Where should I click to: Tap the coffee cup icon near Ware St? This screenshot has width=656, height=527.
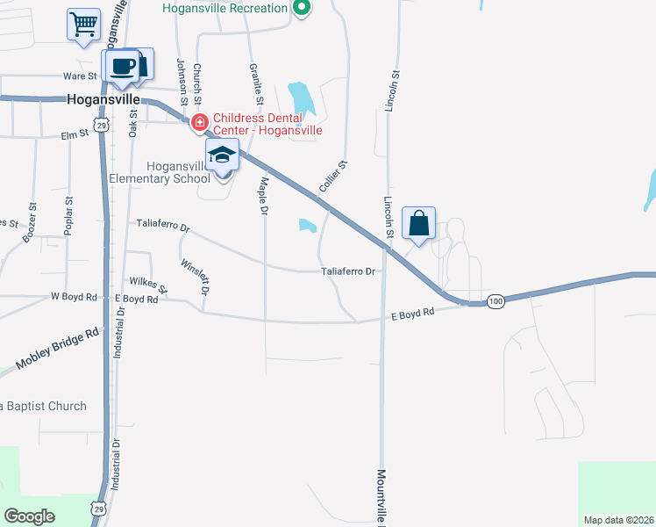click(x=124, y=67)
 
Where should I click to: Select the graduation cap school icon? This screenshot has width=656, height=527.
click(x=223, y=155)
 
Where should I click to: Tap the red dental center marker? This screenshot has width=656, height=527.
click(x=200, y=122)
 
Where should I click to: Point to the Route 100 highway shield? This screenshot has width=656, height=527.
click(x=496, y=301)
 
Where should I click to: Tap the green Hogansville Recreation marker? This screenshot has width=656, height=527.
click(x=302, y=10)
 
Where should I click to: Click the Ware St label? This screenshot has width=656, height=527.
click(x=79, y=76)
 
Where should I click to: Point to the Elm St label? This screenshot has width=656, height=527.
click(x=75, y=134)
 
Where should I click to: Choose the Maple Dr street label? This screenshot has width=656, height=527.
click(x=263, y=195)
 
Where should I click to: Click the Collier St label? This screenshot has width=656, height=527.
click(x=334, y=177)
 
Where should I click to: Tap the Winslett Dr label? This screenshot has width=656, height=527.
click(x=195, y=276)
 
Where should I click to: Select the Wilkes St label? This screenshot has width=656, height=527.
click(x=147, y=285)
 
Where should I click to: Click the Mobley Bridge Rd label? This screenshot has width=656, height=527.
click(x=58, y=349)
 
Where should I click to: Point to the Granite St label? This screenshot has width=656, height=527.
click(x=255, y=80)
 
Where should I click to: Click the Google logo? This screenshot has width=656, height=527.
click(x=30, y=516)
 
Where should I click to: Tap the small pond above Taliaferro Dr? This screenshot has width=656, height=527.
click(x=307, y=226)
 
